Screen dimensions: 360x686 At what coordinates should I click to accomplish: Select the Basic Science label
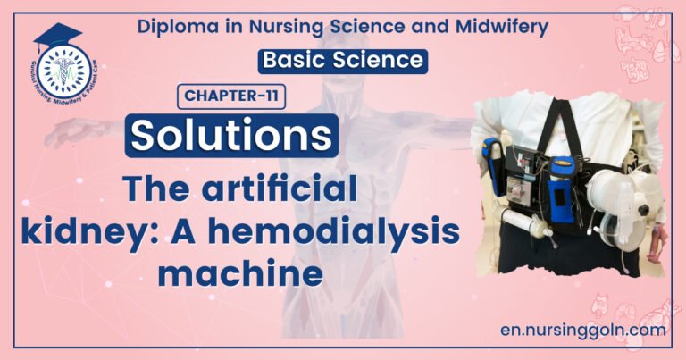341,61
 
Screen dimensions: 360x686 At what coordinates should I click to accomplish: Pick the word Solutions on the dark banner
235,135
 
